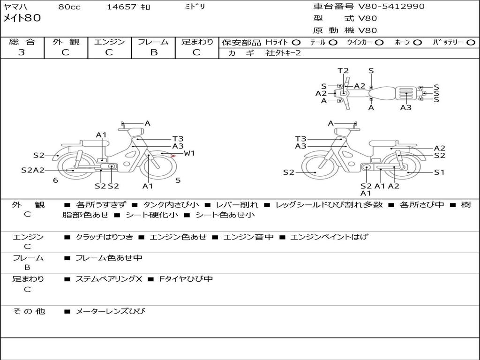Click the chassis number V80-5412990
pos(391,7)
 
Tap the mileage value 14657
pos(121,7)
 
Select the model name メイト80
pos(22,18)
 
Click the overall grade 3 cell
pos(22,52)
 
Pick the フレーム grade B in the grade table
pos(154,52)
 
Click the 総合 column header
pos(22,42)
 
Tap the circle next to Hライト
pos(296,43)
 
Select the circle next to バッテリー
pos(471,43)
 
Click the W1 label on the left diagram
pos(189,153)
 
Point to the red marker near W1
pos(173,156)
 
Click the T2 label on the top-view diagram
pos(343,71)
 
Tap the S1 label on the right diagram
pos(439,172)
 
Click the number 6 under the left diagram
pos(55,180)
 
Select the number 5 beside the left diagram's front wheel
pos(178,180)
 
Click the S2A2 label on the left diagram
pos(33,170)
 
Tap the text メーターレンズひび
pos(110,311)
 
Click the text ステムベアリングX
pos(109,279)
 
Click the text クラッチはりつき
pos(105,237)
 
